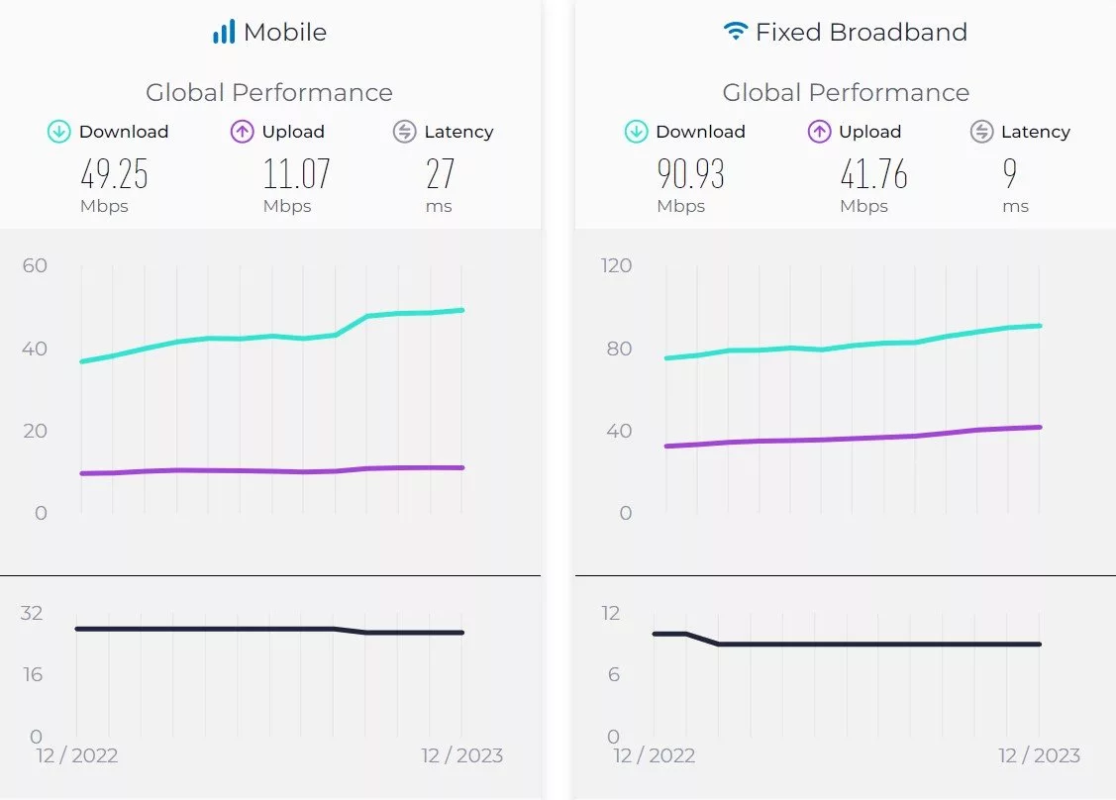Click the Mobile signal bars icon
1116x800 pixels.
[x=224, y=33]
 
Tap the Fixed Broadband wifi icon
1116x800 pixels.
[x=735, y=32]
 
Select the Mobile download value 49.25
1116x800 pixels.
[x=114, y=174]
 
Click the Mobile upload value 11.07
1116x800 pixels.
[x=296, y=174]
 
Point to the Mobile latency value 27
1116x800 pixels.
[x=440, y=174]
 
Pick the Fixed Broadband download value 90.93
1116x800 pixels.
[x=691, y=174]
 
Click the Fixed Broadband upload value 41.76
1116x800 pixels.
[x=873, y=174]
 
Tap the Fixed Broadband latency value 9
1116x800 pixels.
[x=1009, y=174]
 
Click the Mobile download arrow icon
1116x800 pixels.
[x=59, y=132]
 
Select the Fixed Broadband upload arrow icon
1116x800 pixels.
[x=819, y=132]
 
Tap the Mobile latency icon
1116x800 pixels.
[x=404, y=132]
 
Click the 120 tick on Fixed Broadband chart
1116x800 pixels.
[x=615, y=265]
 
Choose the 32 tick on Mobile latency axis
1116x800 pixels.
[x=32, y=613]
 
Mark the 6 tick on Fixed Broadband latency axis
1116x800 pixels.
[x=612, y=674]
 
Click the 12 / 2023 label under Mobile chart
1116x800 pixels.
[x=461, y=756]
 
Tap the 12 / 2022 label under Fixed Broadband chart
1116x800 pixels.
[x=654, y=756]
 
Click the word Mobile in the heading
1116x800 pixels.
[x=285, y=33]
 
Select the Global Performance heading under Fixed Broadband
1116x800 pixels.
[x=846, y=93]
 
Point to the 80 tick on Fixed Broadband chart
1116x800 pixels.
[x=618, y=349]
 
